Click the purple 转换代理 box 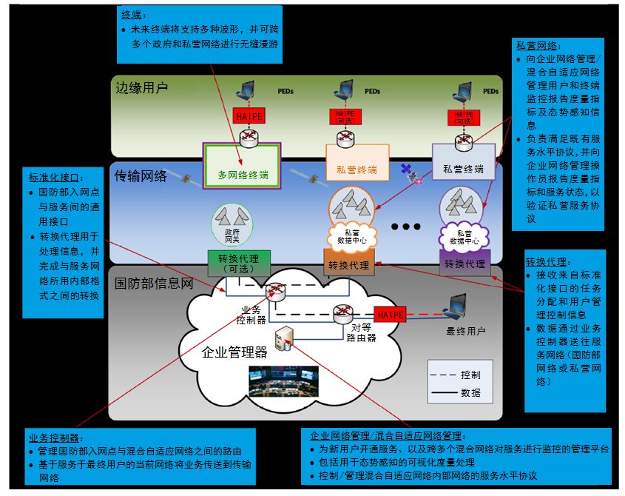464,264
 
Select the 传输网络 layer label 141,177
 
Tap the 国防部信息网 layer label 154,284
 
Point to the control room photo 283,381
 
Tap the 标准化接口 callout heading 55,178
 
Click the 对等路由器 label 362,332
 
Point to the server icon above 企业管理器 284,338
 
